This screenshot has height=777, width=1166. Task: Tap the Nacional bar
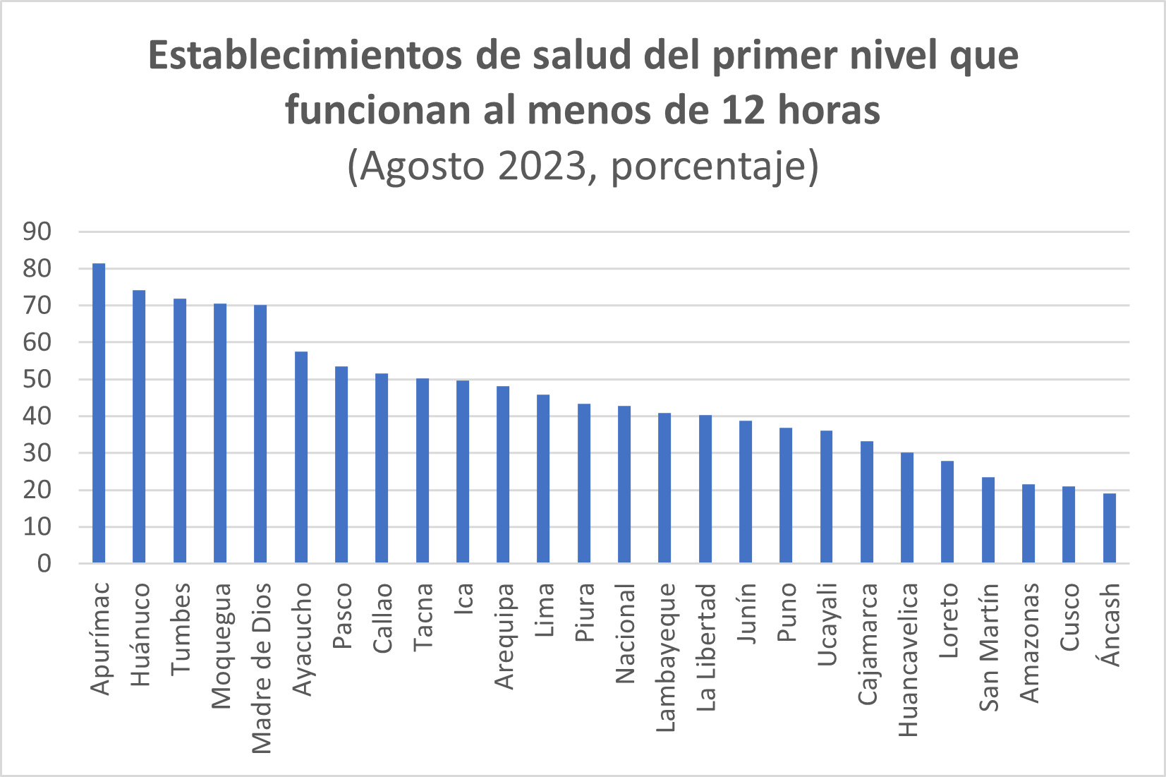click(624, 485)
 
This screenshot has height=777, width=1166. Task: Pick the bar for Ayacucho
click(301, 457)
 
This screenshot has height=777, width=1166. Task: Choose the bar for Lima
click(543, 479)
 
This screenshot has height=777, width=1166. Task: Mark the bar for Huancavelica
click(907, 508)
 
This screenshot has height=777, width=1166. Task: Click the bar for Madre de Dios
click(260, 434)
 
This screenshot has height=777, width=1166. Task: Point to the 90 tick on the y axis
click(37, 231)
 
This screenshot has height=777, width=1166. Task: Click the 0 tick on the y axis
click(44, 563)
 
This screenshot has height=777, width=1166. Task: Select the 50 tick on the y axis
click(37, 379)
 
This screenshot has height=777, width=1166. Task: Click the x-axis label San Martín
click(989, 646)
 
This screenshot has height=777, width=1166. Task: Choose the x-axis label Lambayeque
click(665, 657)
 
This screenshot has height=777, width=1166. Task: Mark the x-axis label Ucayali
click(827, 624)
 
